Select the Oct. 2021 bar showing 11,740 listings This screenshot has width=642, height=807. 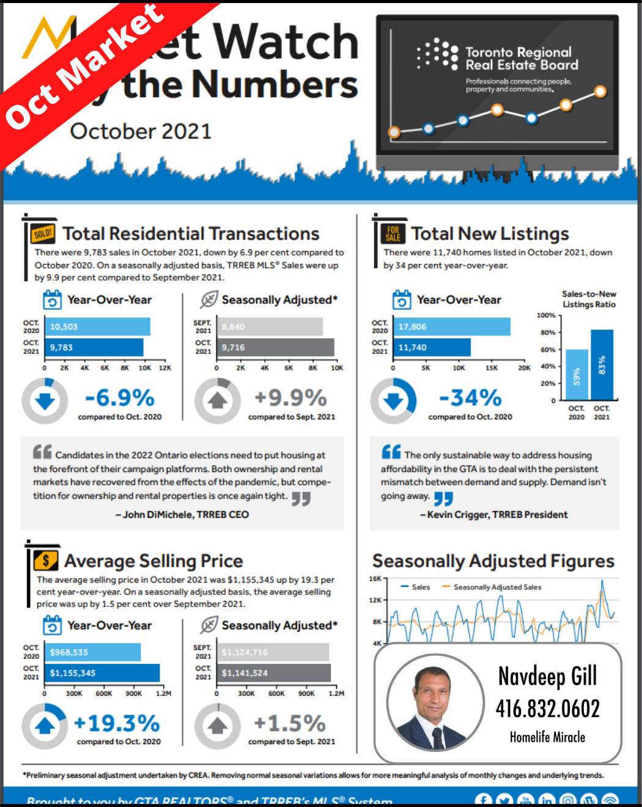point(431,347)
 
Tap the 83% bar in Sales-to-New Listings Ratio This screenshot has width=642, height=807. point(602,364)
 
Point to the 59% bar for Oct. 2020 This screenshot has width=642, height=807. point(577,375)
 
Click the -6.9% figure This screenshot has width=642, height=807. point(120,398)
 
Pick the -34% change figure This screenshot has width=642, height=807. point(470,398)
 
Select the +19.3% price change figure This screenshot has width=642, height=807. point(117,723)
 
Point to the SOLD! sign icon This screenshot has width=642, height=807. point(43,234)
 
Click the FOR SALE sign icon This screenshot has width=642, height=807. point(393,234)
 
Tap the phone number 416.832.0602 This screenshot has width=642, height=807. point(547,709)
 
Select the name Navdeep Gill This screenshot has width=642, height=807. point(547,676)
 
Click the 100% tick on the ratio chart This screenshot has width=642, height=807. point(546,315)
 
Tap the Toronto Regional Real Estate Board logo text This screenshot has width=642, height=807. point(522,59)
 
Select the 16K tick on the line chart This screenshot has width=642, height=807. point(375,578)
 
